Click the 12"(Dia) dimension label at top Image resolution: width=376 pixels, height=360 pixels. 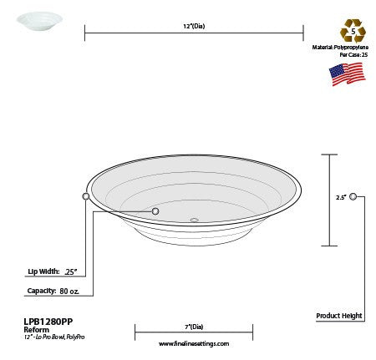click(x=193, y=27)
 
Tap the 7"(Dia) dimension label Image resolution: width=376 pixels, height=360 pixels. click(x=194, y=327)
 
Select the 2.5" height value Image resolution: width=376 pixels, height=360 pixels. click(x=340, y=198)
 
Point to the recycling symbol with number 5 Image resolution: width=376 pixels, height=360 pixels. click(x=353, y=30)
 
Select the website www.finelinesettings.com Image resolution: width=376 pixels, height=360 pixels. click(x=193, y=343)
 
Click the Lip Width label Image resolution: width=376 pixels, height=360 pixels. click(x=43, y=271)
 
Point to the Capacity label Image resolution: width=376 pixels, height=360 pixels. click(x=41, y=291)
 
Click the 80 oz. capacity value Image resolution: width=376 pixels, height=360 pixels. click(x=69, y=291)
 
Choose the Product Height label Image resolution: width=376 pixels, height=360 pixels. click(x=339, y=316)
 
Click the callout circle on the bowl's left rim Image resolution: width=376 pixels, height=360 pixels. click(x=86, y=196)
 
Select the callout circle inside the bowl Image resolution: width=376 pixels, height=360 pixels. click(x=155, y=211)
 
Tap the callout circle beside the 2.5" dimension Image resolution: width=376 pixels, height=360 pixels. click(x=353, y=196)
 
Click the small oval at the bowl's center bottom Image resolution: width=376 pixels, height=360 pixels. click(x=194, y=221)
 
